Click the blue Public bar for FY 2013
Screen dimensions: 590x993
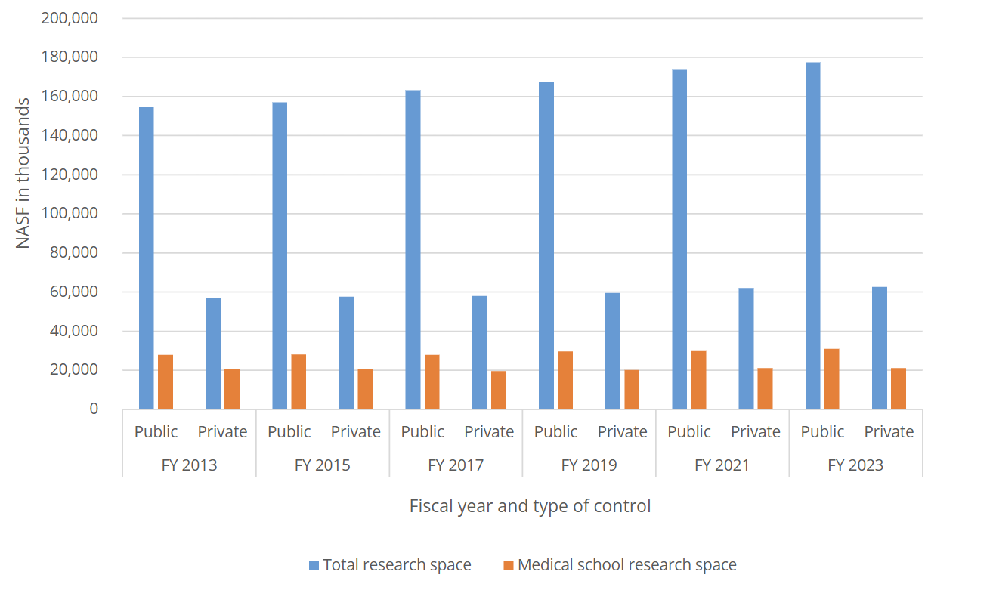(x=147, y=258)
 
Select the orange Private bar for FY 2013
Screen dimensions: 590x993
(x=232, y=389)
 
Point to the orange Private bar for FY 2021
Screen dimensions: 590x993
(x=765, y=388)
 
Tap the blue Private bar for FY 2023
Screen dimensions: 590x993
(x=879, y=348)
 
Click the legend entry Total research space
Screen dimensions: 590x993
(x=390, y=565)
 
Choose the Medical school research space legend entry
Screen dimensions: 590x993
(x=620, y=565)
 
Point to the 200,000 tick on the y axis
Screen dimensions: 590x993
(x=70, y=18)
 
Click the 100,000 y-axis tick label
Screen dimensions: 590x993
(x=70, y=214)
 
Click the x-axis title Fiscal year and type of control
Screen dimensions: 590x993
(x=530, y=505)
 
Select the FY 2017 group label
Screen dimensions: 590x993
(x=456, y=465)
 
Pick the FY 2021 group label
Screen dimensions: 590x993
(x=722, y=465)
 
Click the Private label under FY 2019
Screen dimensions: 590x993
(x=622, y=432)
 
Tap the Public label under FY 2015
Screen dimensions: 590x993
(x=289, y=432)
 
